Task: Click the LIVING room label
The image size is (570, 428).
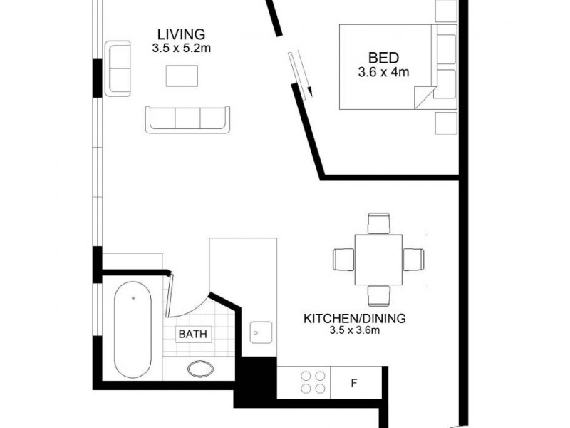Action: click(181, 34)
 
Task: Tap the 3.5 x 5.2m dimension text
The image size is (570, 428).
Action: click(181, 49)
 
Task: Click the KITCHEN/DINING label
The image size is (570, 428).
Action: click(354, 318)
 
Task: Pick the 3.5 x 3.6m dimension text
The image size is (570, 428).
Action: click(354, 331)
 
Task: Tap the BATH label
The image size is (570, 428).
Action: click(195, 334)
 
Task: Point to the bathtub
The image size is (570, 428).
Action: click(133, 332)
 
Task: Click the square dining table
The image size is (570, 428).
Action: click(378, 258)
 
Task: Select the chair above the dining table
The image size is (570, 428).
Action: click(378, 223)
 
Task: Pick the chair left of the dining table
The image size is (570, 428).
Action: click(343, 258)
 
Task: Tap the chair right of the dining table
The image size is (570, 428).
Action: click(413, 258)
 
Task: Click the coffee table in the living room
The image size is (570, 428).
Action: click(182, 76)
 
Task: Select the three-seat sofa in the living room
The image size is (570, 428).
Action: click(188, 119)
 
